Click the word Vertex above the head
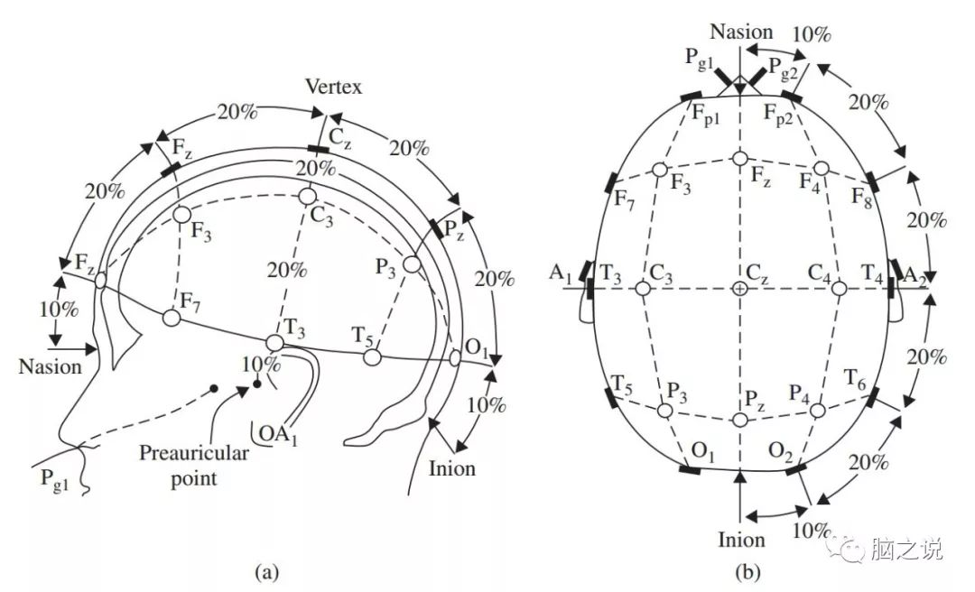(x=333, y=87)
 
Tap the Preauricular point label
(x=193, y=465)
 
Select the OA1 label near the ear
(x=278, y=433)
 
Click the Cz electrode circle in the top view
(x=739, y=289)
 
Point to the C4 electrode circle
(x=839, y=289)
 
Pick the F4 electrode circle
(x=822, y=168)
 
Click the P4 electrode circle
(x=818, y=411)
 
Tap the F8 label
(x=862, y=199)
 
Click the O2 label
(x=780, y=452)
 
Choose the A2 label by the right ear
(x=915, y=274)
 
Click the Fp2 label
(x=778, y=115)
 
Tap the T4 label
(x=872, y=273)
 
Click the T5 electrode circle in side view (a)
(x=372, y=357)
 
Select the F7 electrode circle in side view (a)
(x=172, y=319)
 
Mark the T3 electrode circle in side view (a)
(x=274, y=343)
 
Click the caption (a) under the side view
(x=267, y=571)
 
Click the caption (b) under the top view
(x=747, y=571)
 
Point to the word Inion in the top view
(x=741, y=539)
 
